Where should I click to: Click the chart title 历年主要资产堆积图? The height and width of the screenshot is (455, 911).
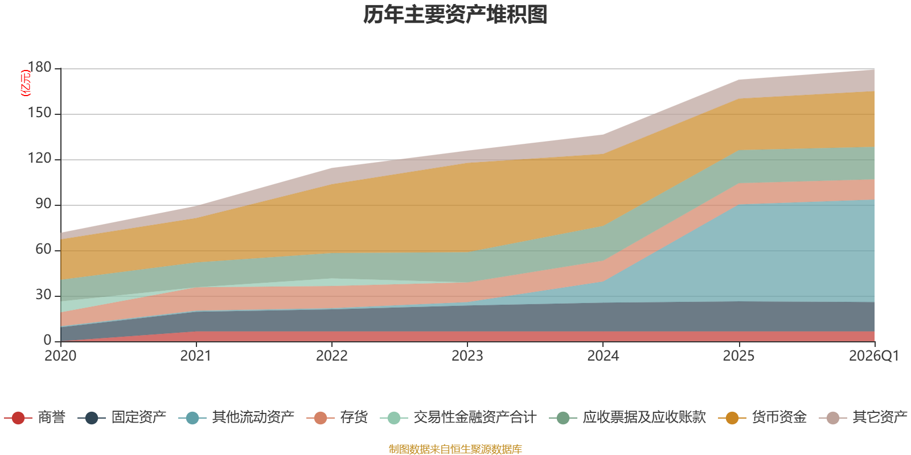tap(455, 15)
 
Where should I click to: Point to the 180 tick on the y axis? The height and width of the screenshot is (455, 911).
tap(39, 68)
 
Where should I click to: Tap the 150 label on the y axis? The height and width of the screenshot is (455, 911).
tap(39, 113)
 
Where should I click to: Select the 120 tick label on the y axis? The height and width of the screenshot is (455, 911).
tap(39, 159)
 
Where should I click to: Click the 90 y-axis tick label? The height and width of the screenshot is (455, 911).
tap(43, 204)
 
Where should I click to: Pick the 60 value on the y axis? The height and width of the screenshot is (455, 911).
tap(43, 250)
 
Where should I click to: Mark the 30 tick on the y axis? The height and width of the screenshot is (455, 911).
tap(43, 295)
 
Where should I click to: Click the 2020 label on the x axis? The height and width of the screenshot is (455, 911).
tap(60, 356)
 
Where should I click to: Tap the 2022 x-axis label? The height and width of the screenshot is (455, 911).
tap(332, 356)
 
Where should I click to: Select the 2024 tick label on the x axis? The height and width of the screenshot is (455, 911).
tap(603, 356)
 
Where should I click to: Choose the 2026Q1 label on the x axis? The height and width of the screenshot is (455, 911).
tap(874, 356)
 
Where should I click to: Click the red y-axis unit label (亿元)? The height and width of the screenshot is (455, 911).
tap(26, 83)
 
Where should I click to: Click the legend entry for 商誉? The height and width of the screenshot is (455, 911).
tap(35, 417)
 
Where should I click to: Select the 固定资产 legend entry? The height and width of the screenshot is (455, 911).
tap(122, 417)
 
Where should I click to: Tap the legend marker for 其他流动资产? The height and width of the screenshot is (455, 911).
tap(192, 418)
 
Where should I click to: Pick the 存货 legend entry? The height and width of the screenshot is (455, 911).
tap(337, 417)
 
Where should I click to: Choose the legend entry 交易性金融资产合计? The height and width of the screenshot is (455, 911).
tap(458, 417)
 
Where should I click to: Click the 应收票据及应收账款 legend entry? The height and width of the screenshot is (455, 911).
tap(627, 417)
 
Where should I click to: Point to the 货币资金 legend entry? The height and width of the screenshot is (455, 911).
tap(762, 417)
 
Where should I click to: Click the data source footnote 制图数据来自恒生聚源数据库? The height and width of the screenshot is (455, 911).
tap(455, 449)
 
